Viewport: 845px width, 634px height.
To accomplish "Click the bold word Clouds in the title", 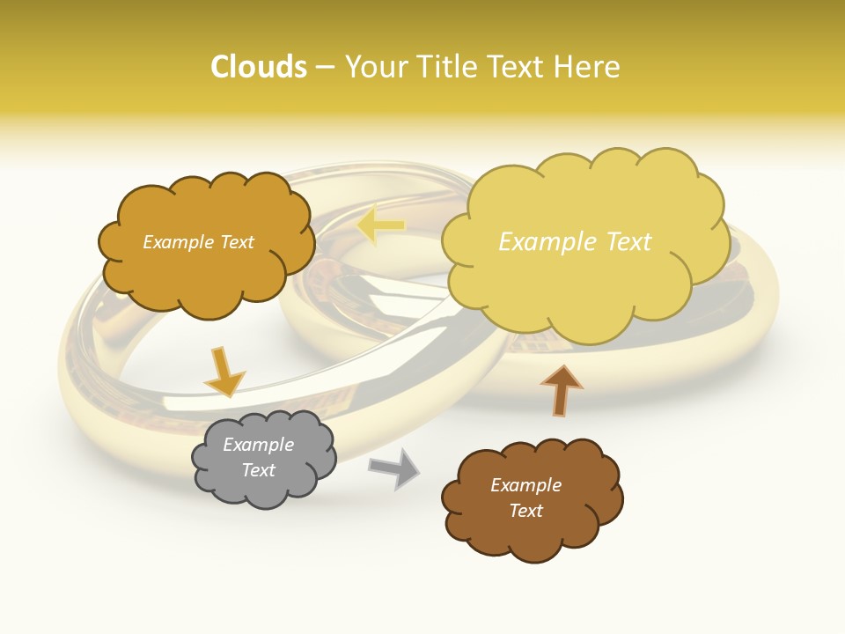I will coord(258,67).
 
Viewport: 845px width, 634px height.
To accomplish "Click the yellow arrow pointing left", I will coord(380,226).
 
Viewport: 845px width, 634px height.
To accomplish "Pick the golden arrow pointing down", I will coord(224,372).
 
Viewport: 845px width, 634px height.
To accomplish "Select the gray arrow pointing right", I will coord(394,468).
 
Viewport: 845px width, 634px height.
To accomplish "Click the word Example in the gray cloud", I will coord(258,445).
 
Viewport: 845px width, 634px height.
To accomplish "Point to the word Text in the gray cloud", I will coord(258,470).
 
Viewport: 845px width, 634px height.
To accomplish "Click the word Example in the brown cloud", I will coord(525,485).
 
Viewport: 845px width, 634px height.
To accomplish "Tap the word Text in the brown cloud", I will coord(525,511).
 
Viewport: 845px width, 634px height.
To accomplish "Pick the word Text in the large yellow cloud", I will coord(628,242).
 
